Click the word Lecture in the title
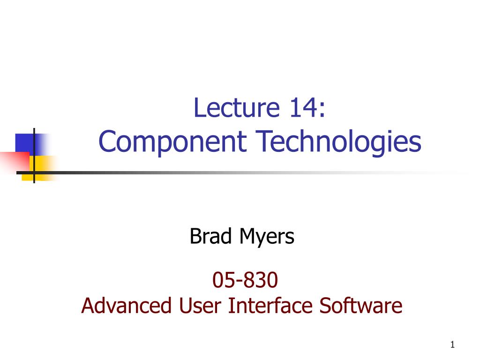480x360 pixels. click(x=234, y=109)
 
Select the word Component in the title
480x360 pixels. click(x=172, y=142)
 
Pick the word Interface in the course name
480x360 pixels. click(x=267, y=306)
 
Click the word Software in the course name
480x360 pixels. click(x=361, y=306)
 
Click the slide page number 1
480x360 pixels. click(x=452, y=345)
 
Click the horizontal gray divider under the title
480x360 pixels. click(x=234, y=172)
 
